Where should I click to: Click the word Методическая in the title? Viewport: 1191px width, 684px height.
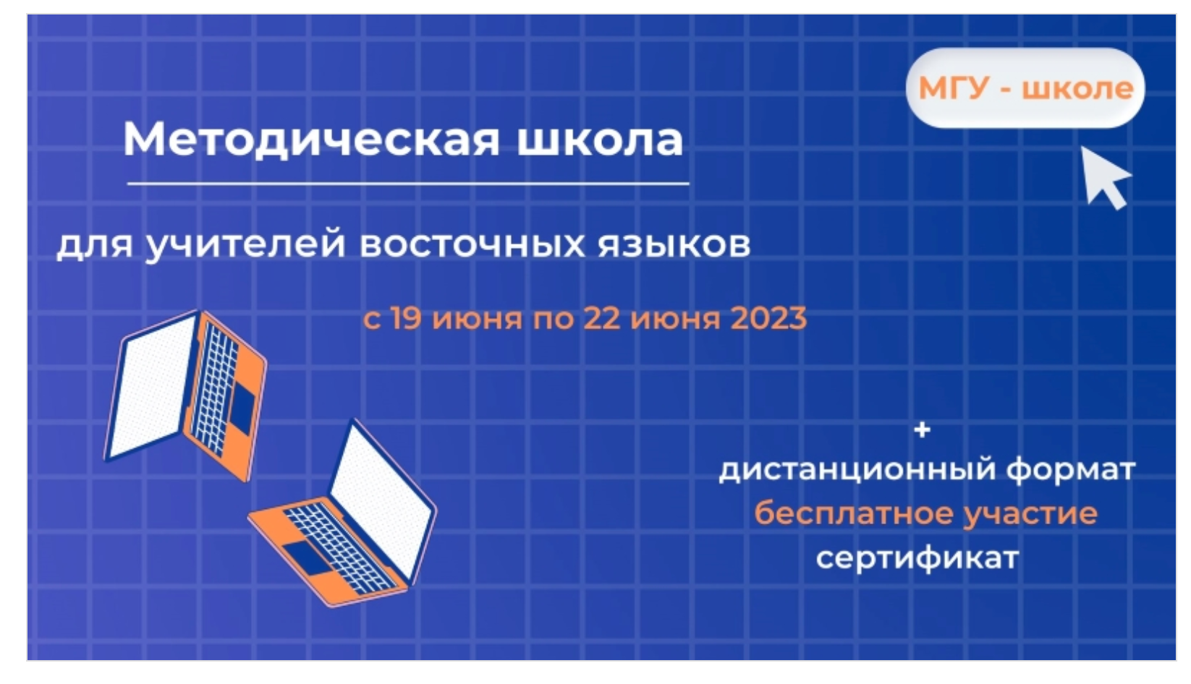tap(312, 140)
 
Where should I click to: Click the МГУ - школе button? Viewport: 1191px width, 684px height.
tap(1025, 88)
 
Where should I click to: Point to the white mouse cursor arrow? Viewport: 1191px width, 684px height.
tap(1105, 179)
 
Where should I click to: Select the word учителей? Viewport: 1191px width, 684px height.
tap(245, 245)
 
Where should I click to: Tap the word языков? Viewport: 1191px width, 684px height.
tap(674, 246)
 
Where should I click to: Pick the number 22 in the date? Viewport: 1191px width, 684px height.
tap(602, 318)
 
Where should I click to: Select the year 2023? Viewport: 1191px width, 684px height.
tap(769, 318)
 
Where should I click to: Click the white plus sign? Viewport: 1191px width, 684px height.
tap(922, 429)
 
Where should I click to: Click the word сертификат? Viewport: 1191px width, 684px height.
tap(917, 559)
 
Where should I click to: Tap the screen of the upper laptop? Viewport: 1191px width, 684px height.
tap(151, 387)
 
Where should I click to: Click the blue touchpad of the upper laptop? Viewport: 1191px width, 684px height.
tap(242, 409)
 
